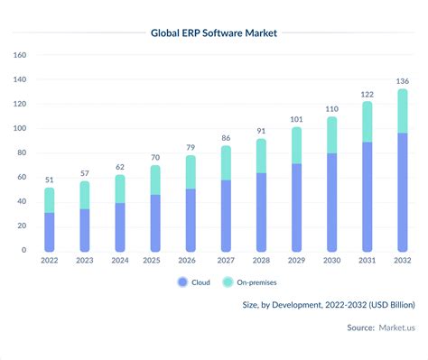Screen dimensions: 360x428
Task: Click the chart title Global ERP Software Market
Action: click(x=213, y=33)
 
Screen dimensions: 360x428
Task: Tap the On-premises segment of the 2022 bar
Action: click(x=50, y=200)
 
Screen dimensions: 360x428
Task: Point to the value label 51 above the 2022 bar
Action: click(x=50, y=179)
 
